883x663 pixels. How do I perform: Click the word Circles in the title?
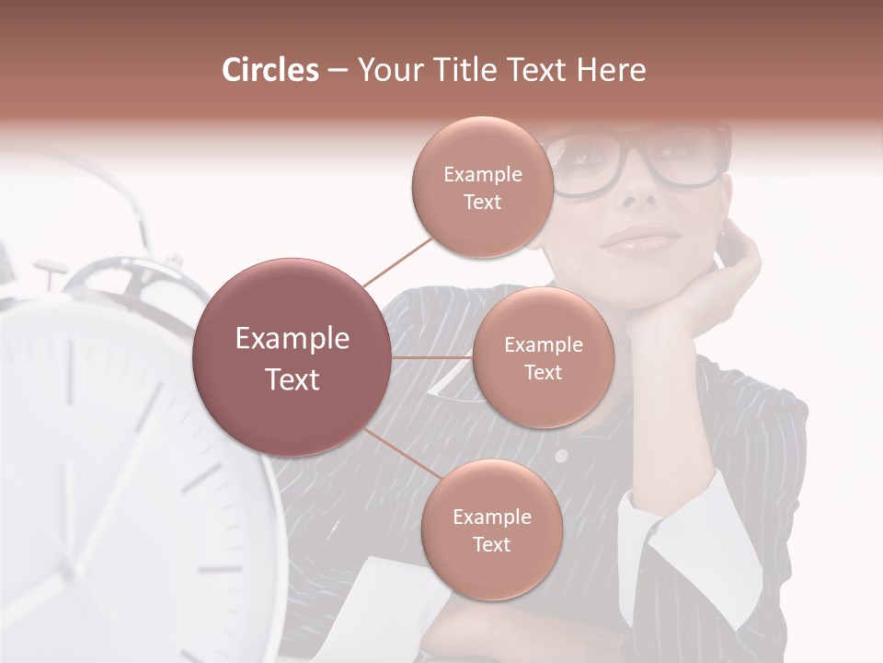pos(270,70)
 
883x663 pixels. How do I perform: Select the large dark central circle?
pos(292,357)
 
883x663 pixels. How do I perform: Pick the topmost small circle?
pos(482,187)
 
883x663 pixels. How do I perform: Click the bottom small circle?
pos(491,529)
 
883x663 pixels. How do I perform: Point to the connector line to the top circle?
pos(397,260)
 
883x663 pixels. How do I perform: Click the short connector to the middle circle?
pos(432,356)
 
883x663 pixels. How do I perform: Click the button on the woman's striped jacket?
pos(561,456)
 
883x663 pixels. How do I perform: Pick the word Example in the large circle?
pos(292,339)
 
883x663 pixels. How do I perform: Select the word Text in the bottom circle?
pos(491,544)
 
